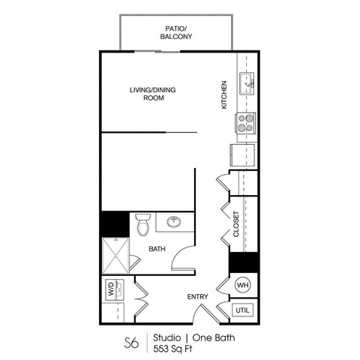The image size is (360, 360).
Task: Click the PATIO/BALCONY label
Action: pos(176,31)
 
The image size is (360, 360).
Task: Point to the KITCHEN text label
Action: pos(223,94)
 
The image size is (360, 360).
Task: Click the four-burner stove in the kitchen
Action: pos(246,122)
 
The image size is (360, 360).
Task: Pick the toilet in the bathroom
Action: pos(144,223)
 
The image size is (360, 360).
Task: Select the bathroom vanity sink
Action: pos(174,222)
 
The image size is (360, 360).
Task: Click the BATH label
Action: pos(157,248)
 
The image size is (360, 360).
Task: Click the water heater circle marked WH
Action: pos(243,285)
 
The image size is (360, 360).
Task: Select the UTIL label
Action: pos(243,309)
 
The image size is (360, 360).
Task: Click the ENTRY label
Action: pos(197,297)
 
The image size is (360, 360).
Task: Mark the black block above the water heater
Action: pos(244,262)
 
